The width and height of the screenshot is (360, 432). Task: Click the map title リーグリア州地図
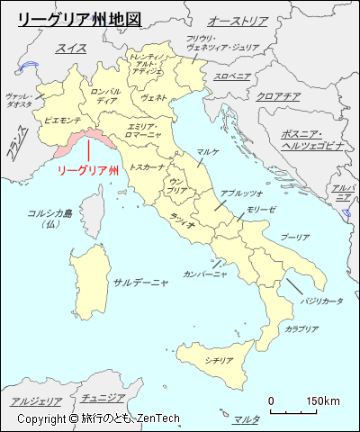79,18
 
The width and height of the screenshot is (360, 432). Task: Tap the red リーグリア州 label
88,169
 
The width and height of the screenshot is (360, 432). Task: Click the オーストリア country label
238,20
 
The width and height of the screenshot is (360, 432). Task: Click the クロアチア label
278,96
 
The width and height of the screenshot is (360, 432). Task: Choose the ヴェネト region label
154,97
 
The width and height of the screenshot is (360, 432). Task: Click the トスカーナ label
146,166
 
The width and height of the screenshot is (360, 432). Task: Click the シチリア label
219,360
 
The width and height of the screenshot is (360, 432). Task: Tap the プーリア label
294,237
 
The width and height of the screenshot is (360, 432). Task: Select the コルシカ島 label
49,212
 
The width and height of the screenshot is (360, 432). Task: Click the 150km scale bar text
322,400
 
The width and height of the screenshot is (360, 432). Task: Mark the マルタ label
246,419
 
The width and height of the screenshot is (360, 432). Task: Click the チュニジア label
102,397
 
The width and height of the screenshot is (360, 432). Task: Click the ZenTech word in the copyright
159,418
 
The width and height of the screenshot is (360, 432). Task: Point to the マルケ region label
209,152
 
